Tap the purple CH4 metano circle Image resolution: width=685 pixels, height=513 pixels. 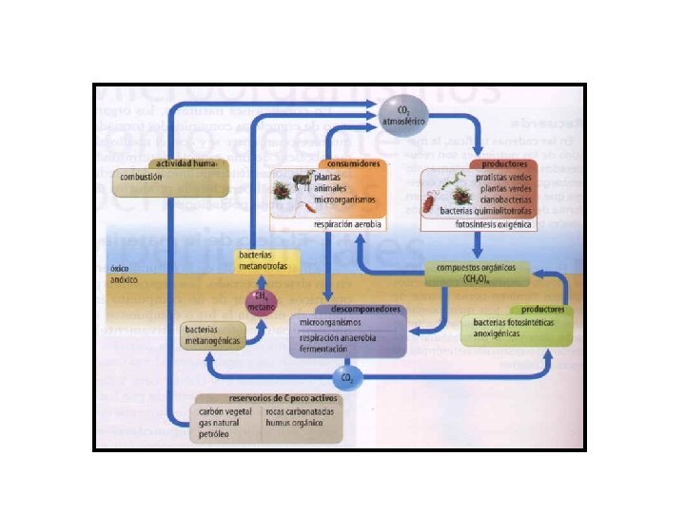click(261, 302)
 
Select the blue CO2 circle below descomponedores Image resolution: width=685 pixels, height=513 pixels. click(348, 377)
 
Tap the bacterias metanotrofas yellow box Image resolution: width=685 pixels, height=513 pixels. click(265, 259)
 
